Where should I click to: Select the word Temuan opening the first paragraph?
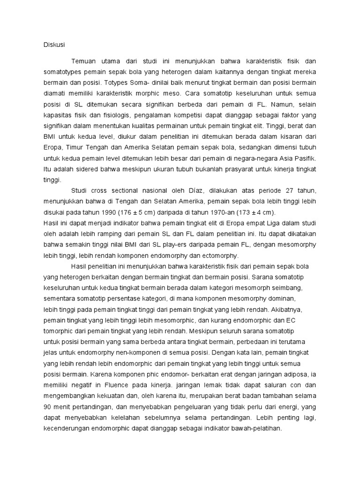point(84,62)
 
